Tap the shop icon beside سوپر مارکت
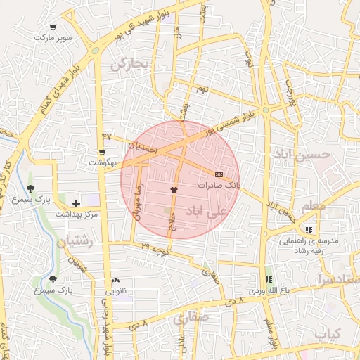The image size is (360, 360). click(x=53, y=27)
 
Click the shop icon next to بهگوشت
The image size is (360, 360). click(x=102, y=152)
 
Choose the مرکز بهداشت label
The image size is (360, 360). click(x=76, y=213)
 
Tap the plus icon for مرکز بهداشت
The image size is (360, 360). click(x=76, y=203)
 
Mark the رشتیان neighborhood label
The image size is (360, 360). click(x=74, y=243)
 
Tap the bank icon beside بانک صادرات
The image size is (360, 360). click(x=219, y=174)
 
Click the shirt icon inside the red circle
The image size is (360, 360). click(x=174, y=190)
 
